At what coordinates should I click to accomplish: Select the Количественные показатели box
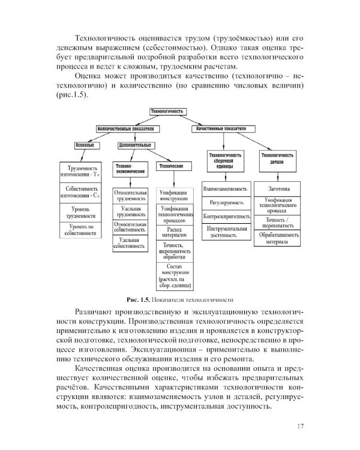tap(127, 129)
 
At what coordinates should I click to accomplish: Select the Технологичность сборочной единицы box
tap(227, 161)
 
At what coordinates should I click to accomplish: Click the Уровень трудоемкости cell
tap(83, 211)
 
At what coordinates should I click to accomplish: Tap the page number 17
tap(301, 427)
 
